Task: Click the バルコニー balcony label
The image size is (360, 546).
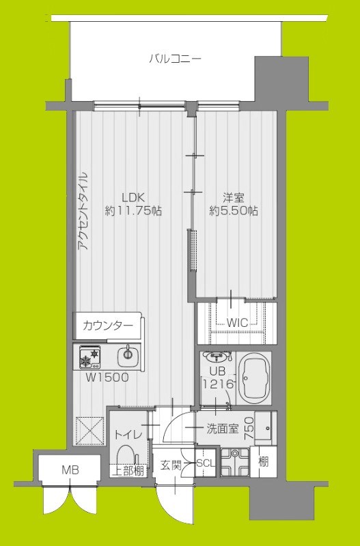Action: [176, 59]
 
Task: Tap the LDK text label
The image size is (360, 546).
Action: [133, 197]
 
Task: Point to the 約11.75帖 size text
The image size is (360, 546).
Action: [133, 212]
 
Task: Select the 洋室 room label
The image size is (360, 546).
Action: [234, 198]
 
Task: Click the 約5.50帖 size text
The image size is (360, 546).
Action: [234, 212]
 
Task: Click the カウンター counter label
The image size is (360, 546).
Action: [107, 326]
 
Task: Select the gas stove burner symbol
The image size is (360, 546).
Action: [90, 355]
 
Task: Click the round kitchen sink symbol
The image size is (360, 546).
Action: [126, 354]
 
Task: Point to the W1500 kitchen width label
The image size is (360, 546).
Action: [107, 376]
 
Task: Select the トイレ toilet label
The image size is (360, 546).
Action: [128, 433]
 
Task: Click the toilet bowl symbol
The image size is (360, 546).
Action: [126, 455]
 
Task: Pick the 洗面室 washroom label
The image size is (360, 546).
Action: [223, 429]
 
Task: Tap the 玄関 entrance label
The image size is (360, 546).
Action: [170, 465]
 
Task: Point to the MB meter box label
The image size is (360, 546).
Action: [70, 470]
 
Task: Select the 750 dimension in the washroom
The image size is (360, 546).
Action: [249, 427]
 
